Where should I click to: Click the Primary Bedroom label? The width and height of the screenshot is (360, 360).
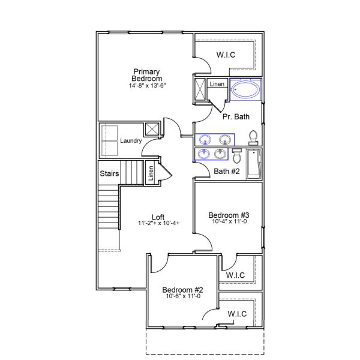147,75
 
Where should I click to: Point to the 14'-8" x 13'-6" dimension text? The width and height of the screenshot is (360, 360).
147,86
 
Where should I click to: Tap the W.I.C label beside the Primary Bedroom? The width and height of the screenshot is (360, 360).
226,55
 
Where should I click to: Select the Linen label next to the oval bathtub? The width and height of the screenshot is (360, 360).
217,84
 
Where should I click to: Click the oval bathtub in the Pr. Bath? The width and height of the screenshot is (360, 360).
245,91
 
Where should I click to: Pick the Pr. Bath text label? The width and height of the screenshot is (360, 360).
236,116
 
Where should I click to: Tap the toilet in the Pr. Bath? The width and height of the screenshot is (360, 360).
253,137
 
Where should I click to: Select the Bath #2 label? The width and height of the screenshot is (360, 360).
227,172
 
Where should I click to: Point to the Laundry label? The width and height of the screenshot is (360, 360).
130,141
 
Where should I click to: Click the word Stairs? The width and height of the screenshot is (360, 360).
109,174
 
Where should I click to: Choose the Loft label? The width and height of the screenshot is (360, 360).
158,217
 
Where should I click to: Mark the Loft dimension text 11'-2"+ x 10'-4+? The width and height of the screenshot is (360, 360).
158,224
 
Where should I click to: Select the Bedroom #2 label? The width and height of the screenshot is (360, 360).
182,289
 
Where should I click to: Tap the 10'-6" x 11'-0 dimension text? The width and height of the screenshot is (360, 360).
182,296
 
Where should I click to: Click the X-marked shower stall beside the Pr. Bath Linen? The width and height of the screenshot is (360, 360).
200,90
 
